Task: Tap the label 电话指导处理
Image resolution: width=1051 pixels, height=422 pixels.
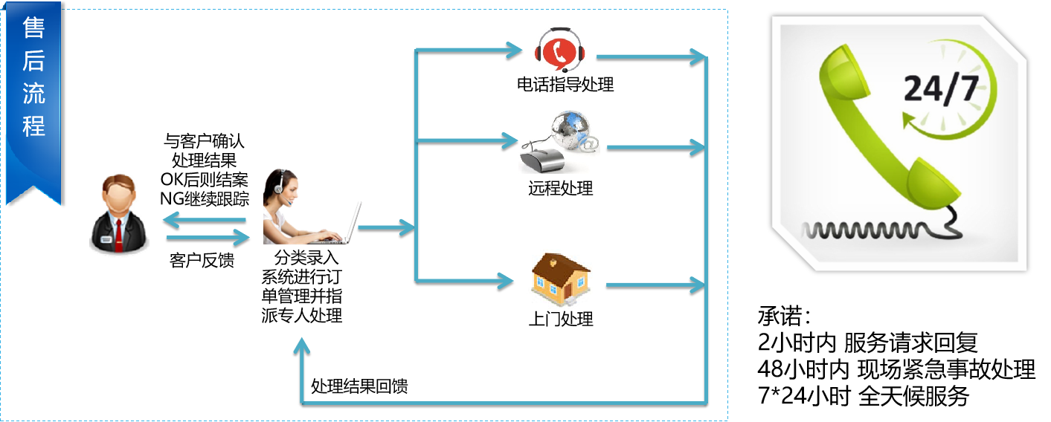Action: pyautogui.click(x=565, y=85)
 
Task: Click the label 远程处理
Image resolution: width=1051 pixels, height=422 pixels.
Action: pyautogui.click(x=561, y=188)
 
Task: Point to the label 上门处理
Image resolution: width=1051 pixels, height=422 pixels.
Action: pyautogui.click(x=561, y=319)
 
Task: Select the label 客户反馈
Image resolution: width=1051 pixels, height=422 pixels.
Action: pyautogui.click(x=202, y=260)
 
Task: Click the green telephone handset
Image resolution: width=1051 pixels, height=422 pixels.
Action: pyautogui.click(x=878, y=126)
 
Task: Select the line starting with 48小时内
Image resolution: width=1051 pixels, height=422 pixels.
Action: pyautogui.click(x=896, y=369)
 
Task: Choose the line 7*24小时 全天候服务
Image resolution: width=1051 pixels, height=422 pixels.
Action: pyautogui.click(x=863, y=396)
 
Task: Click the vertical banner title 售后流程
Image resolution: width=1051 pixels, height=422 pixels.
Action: pyautogui.click(x=34, y=77)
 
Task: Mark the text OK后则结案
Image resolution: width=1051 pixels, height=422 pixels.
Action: pyautogui.click(x=204, y=179)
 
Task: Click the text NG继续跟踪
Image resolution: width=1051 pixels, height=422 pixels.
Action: pyautogui.click(x=204, y=198)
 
